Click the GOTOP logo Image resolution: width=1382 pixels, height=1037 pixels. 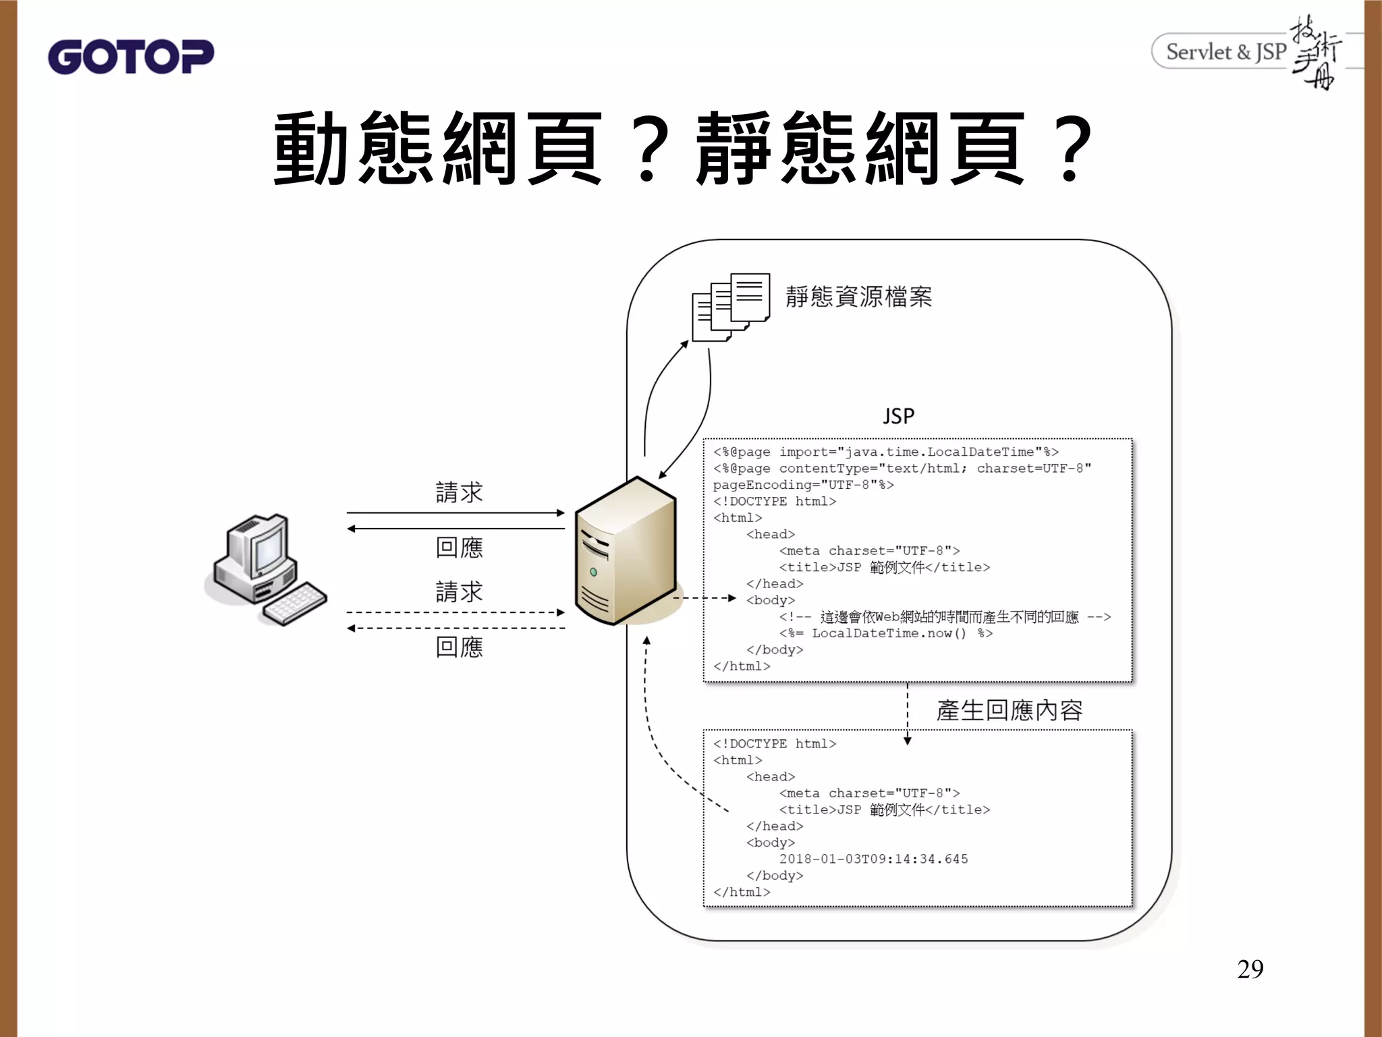point(131,57)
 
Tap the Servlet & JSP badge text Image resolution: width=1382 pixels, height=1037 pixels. point(1225,52)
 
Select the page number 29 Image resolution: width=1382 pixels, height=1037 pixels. point(1250,969)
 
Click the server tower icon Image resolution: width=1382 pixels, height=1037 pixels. point(625,551)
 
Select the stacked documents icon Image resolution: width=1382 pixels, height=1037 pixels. point(731,307)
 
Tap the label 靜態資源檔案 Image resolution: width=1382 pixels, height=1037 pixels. point(858,297)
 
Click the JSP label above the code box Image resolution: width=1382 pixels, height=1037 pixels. point(898,416)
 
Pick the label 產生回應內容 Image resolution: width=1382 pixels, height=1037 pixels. point(1009,710)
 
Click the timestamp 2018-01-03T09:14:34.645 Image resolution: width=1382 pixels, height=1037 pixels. point(873,859)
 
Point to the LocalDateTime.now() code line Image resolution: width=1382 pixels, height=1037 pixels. point(885,633)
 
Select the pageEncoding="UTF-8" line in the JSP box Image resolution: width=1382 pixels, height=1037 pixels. point(803,485)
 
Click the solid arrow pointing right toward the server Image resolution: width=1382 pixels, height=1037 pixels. point(455,513)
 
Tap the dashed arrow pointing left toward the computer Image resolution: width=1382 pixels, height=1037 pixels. point(455,629)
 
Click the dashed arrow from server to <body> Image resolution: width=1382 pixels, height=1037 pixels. point(704,598)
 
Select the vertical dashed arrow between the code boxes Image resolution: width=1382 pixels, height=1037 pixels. point(908,713)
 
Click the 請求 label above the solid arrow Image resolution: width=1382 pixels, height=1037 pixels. point(459,492)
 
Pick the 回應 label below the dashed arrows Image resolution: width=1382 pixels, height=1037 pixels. point(459,647)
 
